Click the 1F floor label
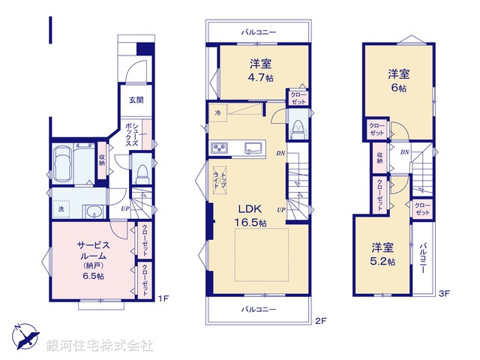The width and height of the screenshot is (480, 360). (164, 298)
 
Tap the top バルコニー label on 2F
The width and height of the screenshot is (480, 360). (259, 33)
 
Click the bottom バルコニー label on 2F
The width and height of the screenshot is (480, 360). (259, 309)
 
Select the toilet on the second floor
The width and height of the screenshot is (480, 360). (298, 130)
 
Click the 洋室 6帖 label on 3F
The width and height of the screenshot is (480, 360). (398, 80)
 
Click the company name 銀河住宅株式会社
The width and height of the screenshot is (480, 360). (100, 346)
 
